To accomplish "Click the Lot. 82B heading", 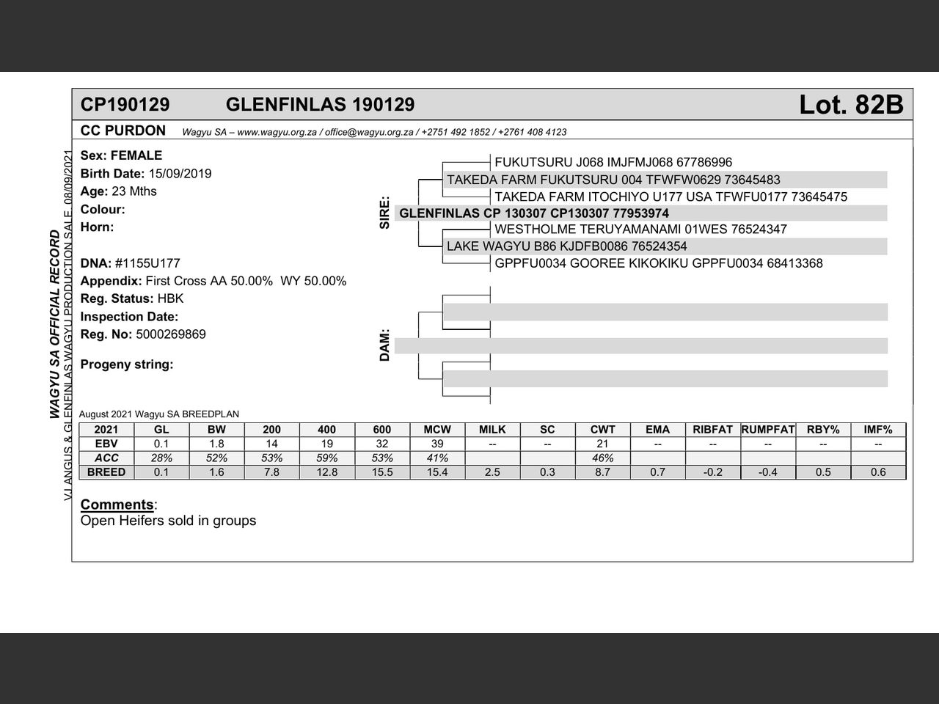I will click(850, 105).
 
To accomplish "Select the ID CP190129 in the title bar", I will click(125, 105).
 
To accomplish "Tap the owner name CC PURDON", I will click(123, 131).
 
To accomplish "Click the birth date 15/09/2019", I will click(180, 174).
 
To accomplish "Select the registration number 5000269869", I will click(171, 334).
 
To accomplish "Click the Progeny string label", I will click(127, 364).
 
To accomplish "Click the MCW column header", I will click(437, 430).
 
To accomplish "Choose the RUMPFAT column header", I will click(767, 430).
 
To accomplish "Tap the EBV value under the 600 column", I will click(382, 444).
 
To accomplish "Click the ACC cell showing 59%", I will click(327, 458).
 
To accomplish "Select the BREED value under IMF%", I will click(878, 472).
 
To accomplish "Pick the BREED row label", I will click(106, 472).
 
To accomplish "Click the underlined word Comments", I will click(117, 505).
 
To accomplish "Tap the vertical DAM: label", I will click(384, 345).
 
